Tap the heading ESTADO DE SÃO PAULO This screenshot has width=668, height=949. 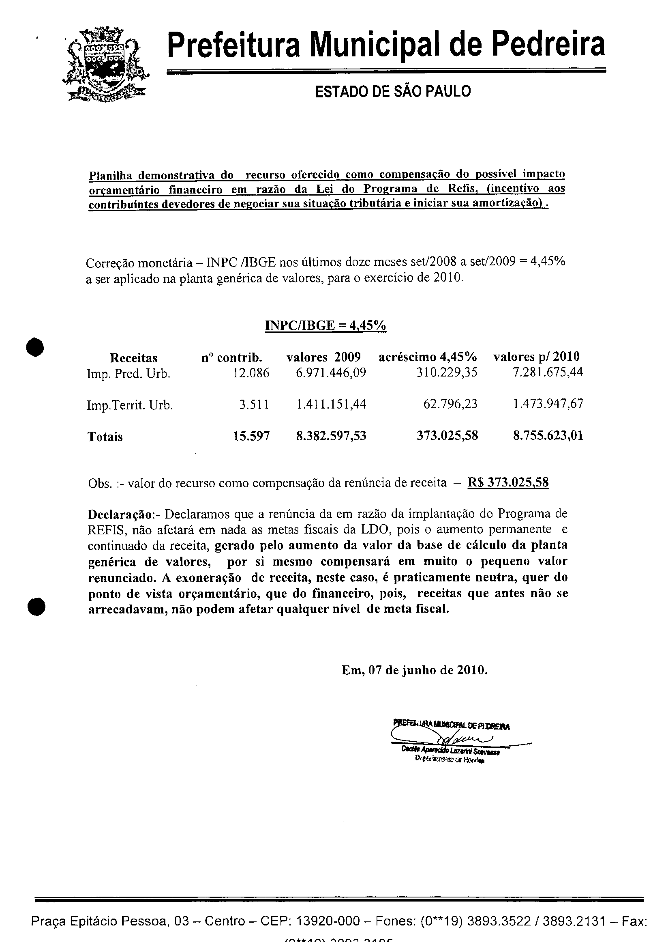[x=393, y=91]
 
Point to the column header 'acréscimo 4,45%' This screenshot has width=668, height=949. [x=428, y=357]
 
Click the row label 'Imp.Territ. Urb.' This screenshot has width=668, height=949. [x=130, y=405]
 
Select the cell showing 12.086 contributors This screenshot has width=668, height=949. [x=251, y=373]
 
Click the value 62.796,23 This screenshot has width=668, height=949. [x=450, y=404]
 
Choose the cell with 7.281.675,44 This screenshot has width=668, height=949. [x=548, y=372]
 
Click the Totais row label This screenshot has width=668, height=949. [x=105, y=437]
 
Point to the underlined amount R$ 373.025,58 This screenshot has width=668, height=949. [x=508, y=482]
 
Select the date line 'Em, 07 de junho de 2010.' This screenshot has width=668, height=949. [x=415, y=670]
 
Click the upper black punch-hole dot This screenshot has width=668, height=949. [x=36, y=347]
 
